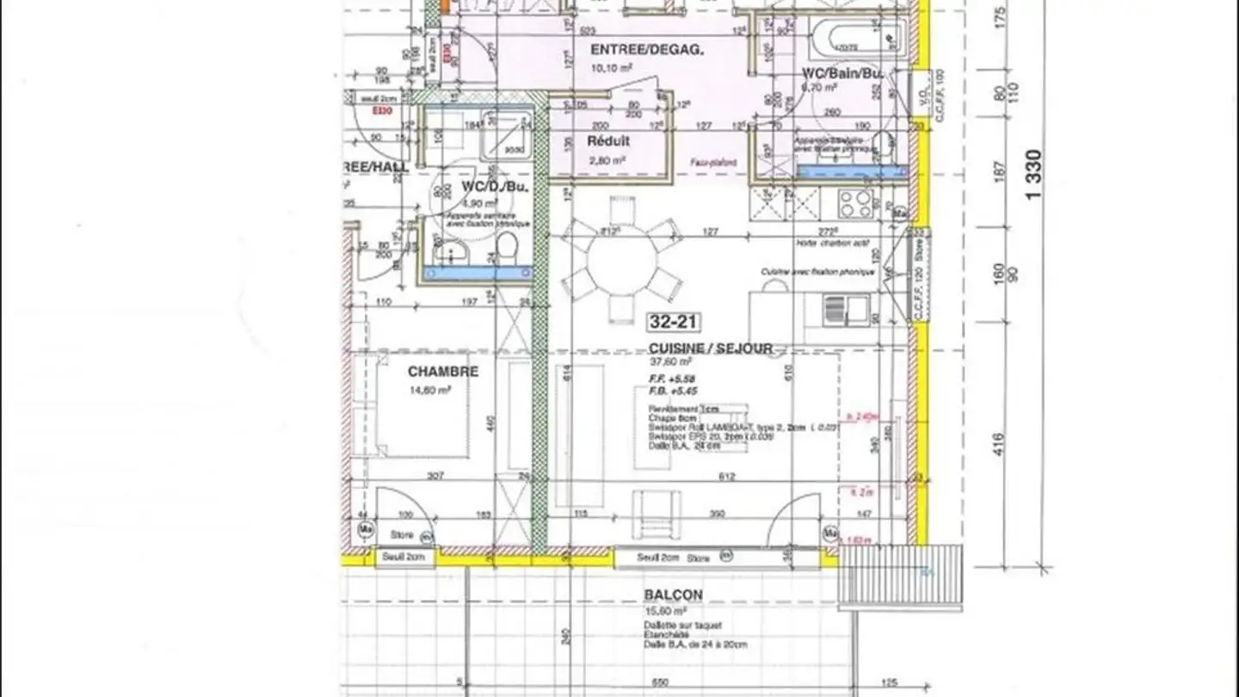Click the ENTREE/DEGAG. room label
pos(646,50)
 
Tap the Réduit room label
pos(608,140)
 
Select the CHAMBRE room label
pos(442,372)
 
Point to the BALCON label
pos(673,595)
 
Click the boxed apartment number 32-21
pos(673,322)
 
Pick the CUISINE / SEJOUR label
pos(711,348)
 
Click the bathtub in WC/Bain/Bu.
pos(855,39)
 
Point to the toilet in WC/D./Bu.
pos(507,250)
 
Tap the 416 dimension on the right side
pos(998,445)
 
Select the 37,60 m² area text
pos(670,362)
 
